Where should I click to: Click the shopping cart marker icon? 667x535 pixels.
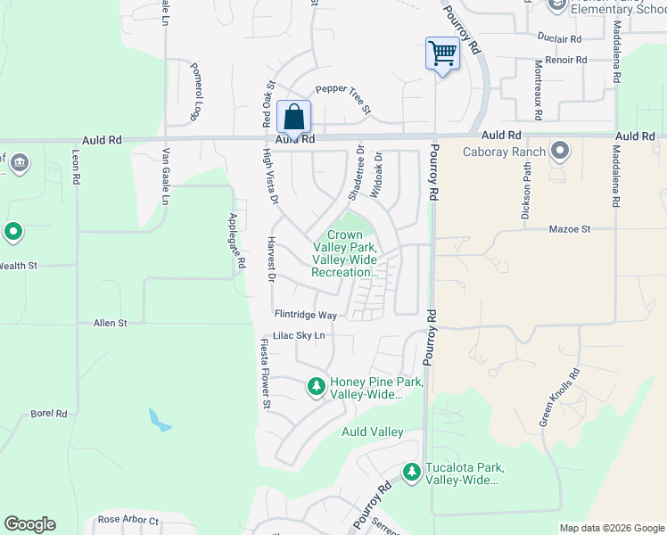[x=442, y=53]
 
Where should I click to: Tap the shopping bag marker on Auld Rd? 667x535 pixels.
[x=294, y=117]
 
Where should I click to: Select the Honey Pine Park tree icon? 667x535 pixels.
[x=316, y=386]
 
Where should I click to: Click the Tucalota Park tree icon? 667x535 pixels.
[x=411, y=472]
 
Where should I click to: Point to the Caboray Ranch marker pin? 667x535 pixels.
[x=560, y=150]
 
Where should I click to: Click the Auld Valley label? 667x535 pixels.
[x=373, y=432]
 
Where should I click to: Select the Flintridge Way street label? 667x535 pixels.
[x=305, y=315]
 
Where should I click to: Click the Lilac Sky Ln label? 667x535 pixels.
[x=299, y=335]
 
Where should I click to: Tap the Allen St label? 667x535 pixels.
[x=111, y=322]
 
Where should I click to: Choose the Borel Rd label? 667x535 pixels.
[x=49, y=414]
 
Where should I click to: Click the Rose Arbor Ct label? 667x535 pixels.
[x=128, y=520]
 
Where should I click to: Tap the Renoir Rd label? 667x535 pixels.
[x=567, y=60]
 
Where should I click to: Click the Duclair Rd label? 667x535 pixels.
[x=560, y=38]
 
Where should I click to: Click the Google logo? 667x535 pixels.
[x=29, y=524]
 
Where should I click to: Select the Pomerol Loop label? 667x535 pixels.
[x=194, y=91]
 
